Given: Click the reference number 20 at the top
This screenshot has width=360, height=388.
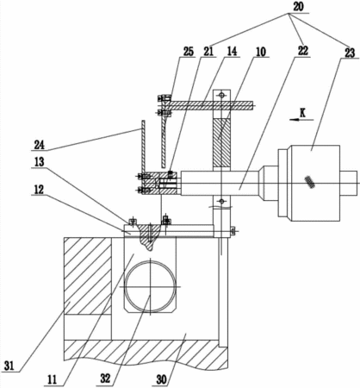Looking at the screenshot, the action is pyautogui.click(x=298, y=7).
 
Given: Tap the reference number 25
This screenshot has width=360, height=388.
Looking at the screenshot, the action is pyautogui.click(x=188, y=52).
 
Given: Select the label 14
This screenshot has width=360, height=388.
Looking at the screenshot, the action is pyautogui.click(x=232, y=52).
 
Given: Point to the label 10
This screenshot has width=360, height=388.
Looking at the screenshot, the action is pyautogui.click(x=261, y=52).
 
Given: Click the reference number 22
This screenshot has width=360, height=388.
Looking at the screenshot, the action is pyautogui.click(x=303, y=51).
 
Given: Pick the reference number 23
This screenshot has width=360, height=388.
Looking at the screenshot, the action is pyautogui.click(x=350, y=53).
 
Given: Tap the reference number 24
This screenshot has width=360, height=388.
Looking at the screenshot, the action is pyautogui.click(x=40, y=145).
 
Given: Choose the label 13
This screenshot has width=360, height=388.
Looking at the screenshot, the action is pyautogui.click(x=39, y=163).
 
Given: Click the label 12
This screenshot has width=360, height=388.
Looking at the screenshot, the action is pyautogui.click(x=39, y=190).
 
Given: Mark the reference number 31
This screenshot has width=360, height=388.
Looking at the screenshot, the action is pyautogui.click(x=9, y=366).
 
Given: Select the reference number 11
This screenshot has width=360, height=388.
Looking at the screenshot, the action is pyautogui.click(x=52, y=380).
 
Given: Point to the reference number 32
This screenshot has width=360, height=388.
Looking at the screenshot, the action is pyautogui.click(x=105, y=379).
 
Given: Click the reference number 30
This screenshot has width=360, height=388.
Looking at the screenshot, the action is pyautogui.click(x=161, y=379).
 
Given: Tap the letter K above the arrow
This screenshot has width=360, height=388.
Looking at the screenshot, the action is pyautogui.click(x=302, y=113).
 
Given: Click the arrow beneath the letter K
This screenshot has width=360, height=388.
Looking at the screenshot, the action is pyautogui.click(x=301, y=120).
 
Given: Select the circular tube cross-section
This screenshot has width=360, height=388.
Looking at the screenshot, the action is pyautogui.click(x=151, y=286).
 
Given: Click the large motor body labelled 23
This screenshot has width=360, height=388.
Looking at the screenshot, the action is pyautogui.click(x=316, y=184).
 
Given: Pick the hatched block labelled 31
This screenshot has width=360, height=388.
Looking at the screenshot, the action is pyautogui.click(x=88, y=276).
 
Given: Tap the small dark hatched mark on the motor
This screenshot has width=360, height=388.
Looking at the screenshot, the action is pyautogui.click(x=309, y=182).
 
